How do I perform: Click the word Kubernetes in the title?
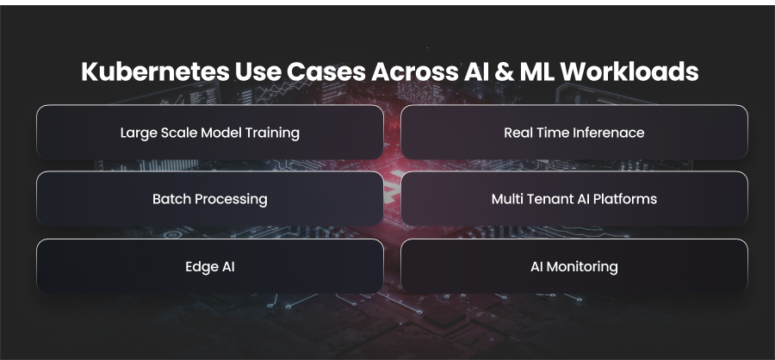(155, 71)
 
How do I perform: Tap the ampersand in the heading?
(502, 71)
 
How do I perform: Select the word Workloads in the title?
(629, 71)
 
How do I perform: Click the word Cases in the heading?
(326, 71)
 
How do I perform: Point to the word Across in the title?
(415, 71)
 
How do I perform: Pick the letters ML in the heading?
(536, 71)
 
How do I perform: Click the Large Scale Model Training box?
(210, 132)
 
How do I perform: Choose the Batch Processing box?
(210, 198)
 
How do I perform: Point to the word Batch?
(171, 199)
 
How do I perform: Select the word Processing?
(231, 199)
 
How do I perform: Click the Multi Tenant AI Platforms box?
(574, 198)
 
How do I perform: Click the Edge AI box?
(210, 266)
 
